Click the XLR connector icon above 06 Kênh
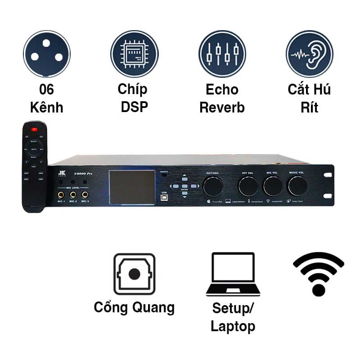coord(47,54)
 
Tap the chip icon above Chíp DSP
coord(135,54)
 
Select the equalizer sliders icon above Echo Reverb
coord(222,54)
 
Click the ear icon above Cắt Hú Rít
coord(310,54)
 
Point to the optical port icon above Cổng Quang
coord(134,274)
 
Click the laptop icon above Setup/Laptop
coord(233,274)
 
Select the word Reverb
coord(222,108)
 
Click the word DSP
coord(135,108)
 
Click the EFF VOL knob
coord(248,186)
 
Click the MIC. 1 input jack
coord(61,195)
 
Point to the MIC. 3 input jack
coord(85,195)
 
